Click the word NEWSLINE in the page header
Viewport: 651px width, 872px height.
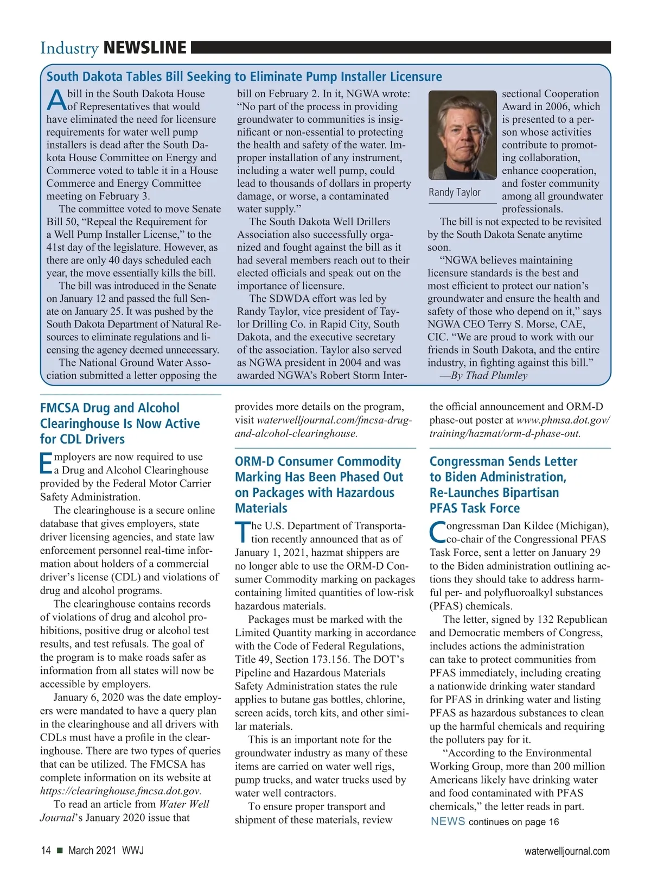click(x=144, y=48)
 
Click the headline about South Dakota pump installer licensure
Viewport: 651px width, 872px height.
click(x=244, y=77)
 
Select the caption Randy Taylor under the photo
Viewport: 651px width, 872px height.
click(x=455, y=192)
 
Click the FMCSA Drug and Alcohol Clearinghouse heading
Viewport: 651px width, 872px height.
click(x=120, y=424)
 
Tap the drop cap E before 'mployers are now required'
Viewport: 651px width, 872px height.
click(x=46, y=463)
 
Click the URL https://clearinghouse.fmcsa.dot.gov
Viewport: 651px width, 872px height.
click(x=120, y=791)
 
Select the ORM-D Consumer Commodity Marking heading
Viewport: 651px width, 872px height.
click(x=319, y=484)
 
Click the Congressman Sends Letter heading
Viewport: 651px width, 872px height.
click(x=503, y=484)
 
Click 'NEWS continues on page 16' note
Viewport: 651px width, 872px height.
click(x=494, y=822)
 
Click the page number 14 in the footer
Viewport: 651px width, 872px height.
click(x=46, y=851)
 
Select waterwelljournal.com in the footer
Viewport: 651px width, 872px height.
click(x=566, y=851)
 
